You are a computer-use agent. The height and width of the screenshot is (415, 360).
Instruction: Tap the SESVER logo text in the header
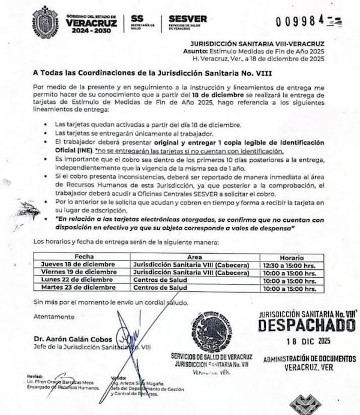[188, 19]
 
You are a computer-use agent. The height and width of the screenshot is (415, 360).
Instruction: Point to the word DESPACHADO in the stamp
[307, 325]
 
